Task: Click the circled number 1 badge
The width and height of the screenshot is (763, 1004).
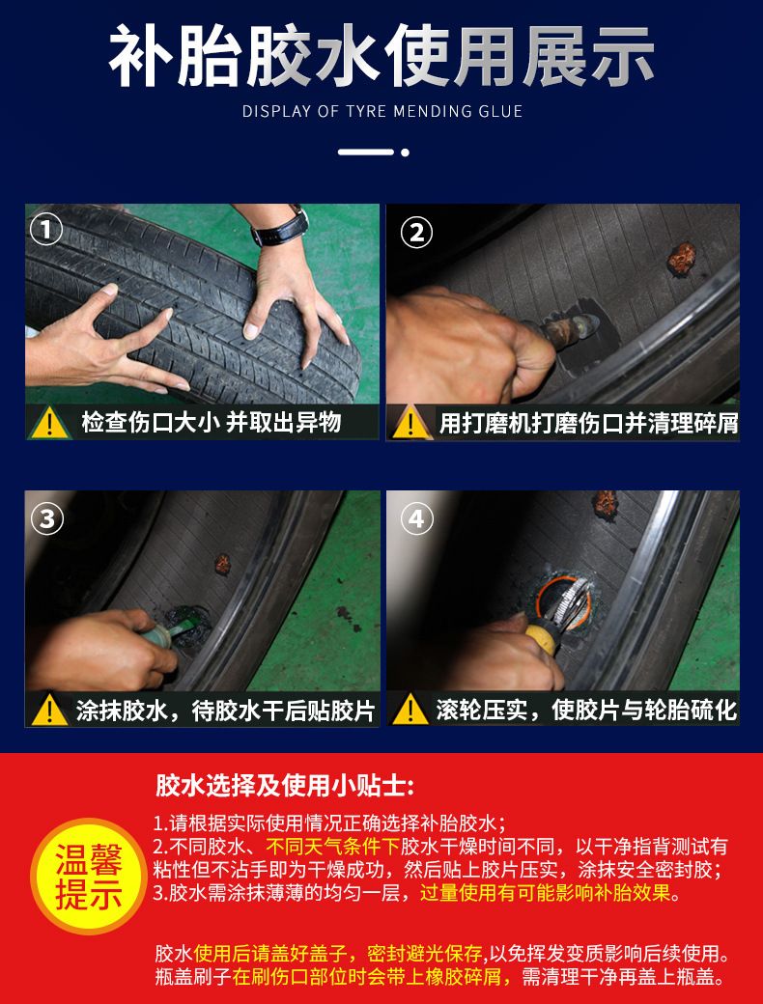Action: pos(46,229)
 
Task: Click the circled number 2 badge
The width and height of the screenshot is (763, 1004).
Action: pos(416,233)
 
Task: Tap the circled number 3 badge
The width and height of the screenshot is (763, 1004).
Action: pos(47,518)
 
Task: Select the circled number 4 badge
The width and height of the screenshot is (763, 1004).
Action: pos(417,518)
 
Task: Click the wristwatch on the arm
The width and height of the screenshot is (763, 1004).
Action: pos(282,226)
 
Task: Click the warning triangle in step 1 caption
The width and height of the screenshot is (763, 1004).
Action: pos(50,423)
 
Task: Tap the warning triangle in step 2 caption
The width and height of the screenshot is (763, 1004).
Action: pos(410,423)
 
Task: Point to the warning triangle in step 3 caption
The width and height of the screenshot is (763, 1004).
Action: pos(49,711)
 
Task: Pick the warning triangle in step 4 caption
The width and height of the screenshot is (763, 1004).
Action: pos(410,711)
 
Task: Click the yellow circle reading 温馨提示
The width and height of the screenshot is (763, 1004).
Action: pos(89,877)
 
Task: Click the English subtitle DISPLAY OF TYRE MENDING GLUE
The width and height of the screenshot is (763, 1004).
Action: pos(382,111)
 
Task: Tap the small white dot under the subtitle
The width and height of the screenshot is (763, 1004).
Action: pos(405,153)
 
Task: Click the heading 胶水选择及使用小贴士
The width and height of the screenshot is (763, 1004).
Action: pos(285,785)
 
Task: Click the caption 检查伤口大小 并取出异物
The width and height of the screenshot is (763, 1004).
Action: pos(212,423)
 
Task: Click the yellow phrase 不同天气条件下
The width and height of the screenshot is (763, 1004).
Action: pos(333,847)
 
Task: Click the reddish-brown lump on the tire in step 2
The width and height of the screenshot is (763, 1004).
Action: pos(682,259)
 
